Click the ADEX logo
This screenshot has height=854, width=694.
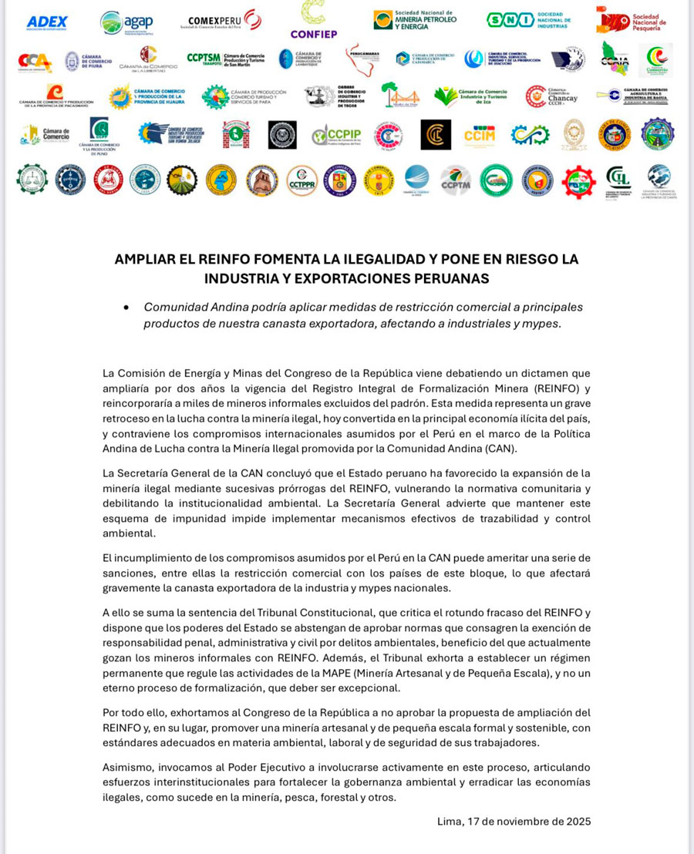coord(47,22)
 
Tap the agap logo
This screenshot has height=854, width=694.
coord(126,22)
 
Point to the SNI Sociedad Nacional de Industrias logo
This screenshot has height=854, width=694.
coord(528,21)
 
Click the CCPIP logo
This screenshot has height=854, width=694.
coord(336,136)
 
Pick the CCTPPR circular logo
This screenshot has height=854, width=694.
coord(302,180)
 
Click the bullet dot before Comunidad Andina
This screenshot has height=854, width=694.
coord(126,307)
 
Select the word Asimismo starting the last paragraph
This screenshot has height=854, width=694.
coord(128,767)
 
